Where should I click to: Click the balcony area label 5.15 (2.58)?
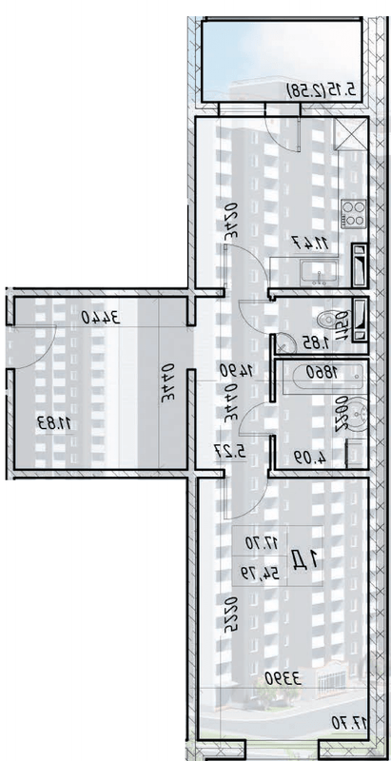pos(325,90)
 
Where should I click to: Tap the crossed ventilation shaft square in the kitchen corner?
pos(351,136)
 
